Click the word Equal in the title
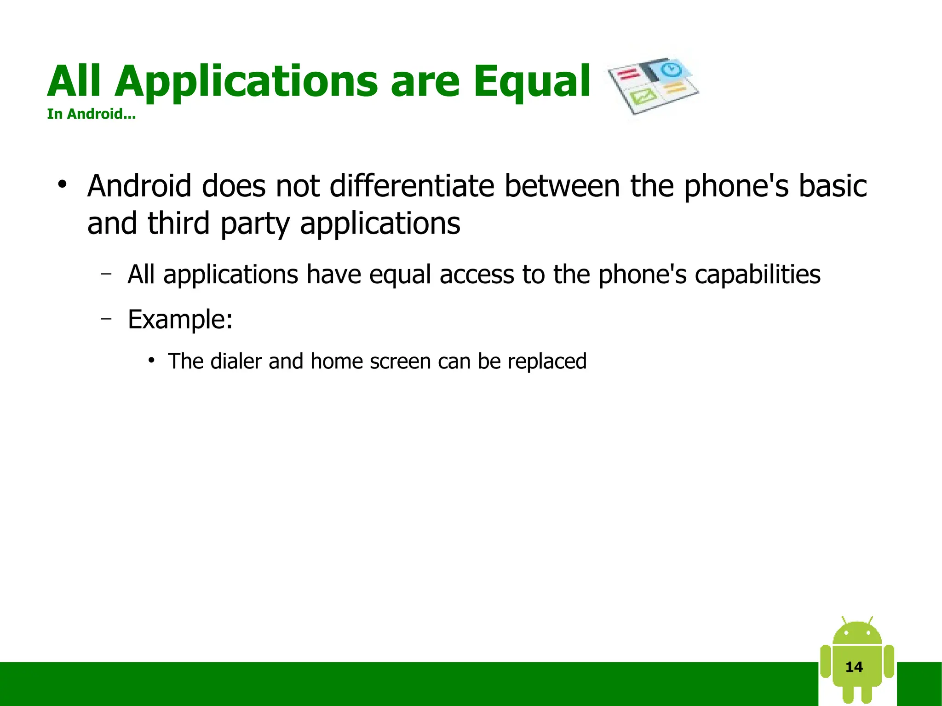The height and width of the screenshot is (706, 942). click(532, 82)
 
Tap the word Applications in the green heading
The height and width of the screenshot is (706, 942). click(246, 82)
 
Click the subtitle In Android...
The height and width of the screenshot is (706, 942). click(91, 114)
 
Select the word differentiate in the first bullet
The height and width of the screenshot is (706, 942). click(412, 186)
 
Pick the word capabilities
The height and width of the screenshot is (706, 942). click(757, 275)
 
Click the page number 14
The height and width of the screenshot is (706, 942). click(854, 667)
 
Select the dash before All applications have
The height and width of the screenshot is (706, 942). click(106, 274)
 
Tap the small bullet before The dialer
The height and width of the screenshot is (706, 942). click(151, 360)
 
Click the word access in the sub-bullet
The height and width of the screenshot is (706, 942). click(477, 275)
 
